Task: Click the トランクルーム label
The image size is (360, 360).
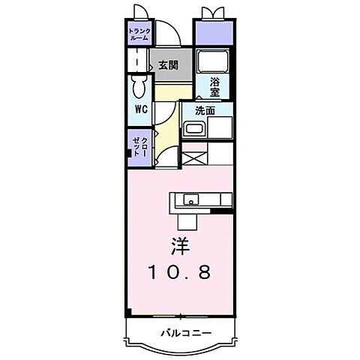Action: point(139,34)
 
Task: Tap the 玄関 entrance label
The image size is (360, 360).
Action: point(169,65)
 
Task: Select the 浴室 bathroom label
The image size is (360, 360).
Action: point(214,87)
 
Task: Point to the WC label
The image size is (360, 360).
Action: point(141,109)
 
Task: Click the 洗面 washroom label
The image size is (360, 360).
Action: point(205,110)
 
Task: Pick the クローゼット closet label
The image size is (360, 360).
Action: point(140,147)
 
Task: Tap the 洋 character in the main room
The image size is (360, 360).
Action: point(181,246)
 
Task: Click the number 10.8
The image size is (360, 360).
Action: point(180,272)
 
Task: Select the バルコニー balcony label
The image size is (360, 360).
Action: point(186,333)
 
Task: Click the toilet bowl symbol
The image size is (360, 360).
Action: point(139,86)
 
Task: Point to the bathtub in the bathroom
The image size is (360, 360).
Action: point(212,61)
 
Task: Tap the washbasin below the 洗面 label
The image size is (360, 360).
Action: point(194,128)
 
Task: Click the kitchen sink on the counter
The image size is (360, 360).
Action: point(191,199)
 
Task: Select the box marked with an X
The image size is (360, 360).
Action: point(194,158)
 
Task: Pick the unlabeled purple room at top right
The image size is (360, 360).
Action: point(214,33)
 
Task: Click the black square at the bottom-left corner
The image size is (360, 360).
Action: point(128,312)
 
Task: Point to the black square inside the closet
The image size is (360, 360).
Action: point(129,153)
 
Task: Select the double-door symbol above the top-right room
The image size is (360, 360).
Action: point(213,13)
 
